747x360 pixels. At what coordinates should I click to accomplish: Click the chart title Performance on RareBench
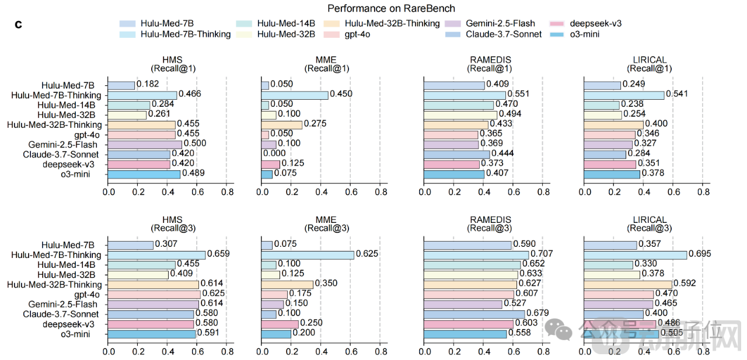(x=391, y=8)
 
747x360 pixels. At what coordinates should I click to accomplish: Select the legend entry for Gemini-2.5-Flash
(x=500, y=23)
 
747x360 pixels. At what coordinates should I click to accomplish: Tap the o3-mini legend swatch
(x=557, y=34)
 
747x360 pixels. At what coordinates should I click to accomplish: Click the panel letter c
(x=18, y=25)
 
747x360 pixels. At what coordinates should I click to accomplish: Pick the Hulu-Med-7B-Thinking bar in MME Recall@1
(x=295, y=95)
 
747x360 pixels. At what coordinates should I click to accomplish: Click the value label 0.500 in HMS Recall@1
(x=195, y=144)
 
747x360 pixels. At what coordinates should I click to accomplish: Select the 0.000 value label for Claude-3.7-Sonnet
(x=274, y=153)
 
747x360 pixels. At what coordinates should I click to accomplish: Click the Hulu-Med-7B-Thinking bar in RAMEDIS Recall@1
(x=465, y=95)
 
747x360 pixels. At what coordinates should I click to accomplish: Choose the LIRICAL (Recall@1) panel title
(x=650, y=64)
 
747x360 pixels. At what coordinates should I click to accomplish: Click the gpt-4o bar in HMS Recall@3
(x=154, y=294)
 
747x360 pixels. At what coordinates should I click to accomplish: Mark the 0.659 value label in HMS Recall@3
(x=218, y=254)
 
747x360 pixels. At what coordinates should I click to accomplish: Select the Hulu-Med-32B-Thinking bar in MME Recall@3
(x=287, y=284)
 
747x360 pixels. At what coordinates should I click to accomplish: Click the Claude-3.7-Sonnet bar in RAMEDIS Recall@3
(x=474, y=314)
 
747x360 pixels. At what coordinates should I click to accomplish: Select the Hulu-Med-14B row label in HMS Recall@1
(x=69, y=105)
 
